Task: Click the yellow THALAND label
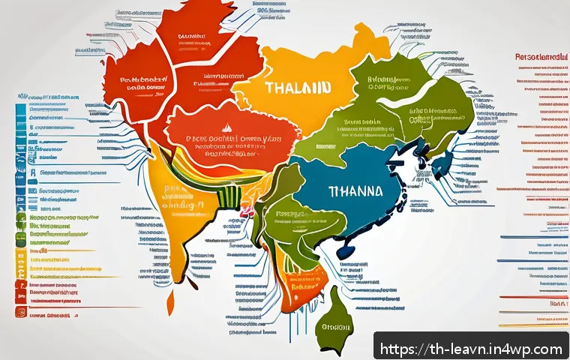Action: click(298, 87)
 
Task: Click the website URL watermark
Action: click(472, 349)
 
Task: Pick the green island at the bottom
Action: click(334, 330)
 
